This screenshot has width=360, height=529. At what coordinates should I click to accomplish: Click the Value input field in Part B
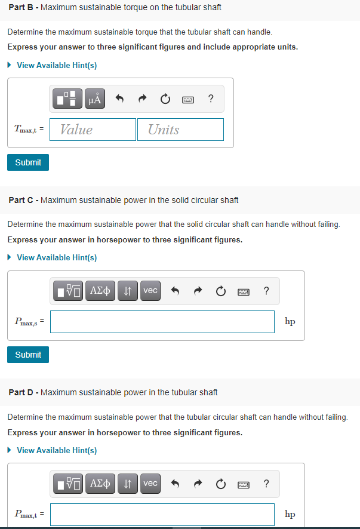(93, 130)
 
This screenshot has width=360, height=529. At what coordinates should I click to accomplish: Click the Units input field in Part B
(180, 130)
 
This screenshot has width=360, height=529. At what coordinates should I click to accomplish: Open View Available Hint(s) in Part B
(56, 65)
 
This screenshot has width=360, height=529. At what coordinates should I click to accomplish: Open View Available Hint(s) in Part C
(56, 257)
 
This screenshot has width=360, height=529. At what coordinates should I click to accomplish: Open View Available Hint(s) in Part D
(56, 450)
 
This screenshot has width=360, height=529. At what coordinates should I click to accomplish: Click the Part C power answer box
(162, 322)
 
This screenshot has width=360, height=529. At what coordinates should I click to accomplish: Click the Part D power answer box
(162, 514)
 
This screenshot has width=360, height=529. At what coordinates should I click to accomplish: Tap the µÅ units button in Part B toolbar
(96, 99)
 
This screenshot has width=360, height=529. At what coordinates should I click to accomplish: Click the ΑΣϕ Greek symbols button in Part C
(100, 291)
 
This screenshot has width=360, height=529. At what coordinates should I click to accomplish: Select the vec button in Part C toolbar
(150, 291)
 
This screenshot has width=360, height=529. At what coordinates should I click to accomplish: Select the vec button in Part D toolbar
(150, 483)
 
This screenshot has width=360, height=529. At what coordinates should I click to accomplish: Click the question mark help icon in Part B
(211, 99)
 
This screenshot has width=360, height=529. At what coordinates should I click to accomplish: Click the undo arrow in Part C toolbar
(176, 291)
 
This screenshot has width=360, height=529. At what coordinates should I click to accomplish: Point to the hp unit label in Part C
(290, 322)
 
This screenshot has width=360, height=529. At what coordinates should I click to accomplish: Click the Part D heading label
(113, 392)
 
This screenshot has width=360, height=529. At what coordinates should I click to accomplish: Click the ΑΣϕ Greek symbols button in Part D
(100, 483)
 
